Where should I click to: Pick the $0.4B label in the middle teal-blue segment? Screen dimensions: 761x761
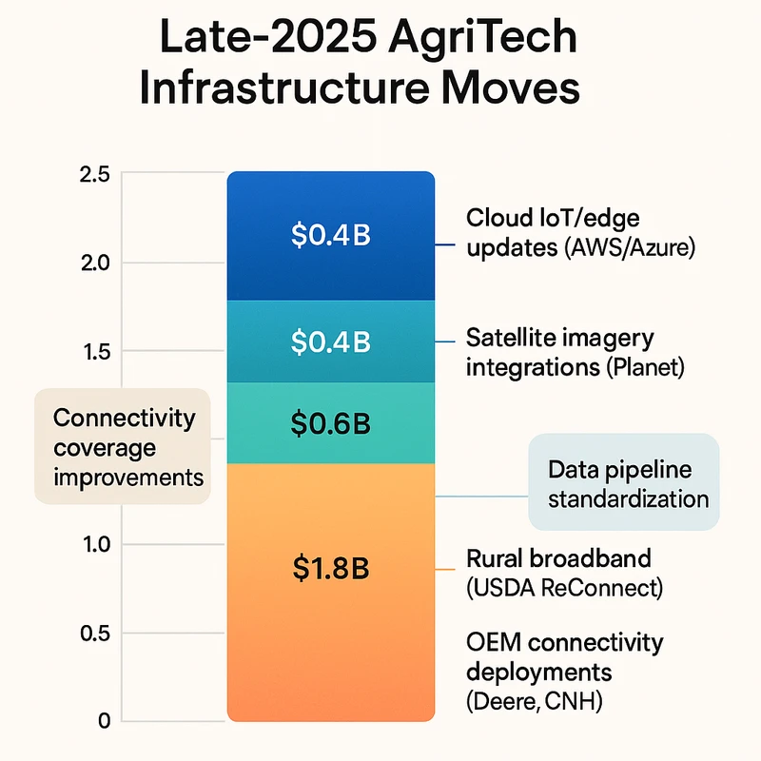coord(330,341)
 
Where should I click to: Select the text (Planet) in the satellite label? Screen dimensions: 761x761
coord(644,366)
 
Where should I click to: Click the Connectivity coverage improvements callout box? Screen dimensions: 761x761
coord(122,446)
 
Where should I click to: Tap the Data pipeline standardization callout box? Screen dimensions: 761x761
coord(623,483)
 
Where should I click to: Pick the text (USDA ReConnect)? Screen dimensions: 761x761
coord(563,588)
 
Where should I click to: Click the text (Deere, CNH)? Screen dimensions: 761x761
coord(535,702)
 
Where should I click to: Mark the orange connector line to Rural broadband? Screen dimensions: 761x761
coord(447,571)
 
